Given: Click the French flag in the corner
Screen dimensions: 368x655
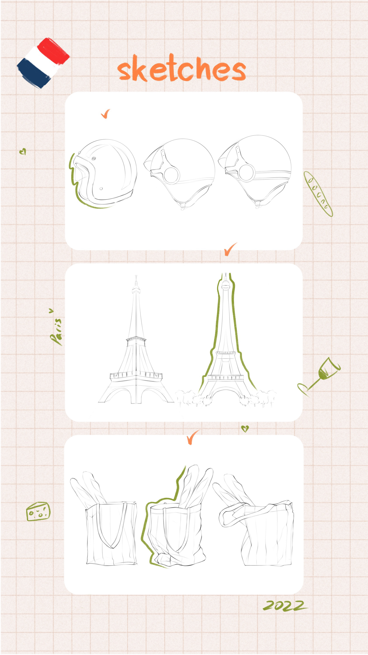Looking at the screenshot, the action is tap(43, 63).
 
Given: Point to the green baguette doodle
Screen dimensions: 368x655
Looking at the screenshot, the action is tap(318, 194).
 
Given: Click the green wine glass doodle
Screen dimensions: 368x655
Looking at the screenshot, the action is tap(319, 376).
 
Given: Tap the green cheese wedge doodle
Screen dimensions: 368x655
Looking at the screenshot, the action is tap(38, 511).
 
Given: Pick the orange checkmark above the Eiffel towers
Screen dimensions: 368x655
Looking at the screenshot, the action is tap(230, 249).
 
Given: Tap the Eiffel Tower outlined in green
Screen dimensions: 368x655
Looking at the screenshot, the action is tap(225, 338).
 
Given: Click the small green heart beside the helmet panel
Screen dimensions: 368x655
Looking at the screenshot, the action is tap(23, 152).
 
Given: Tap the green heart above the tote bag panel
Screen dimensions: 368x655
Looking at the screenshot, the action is tap(245, 429).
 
